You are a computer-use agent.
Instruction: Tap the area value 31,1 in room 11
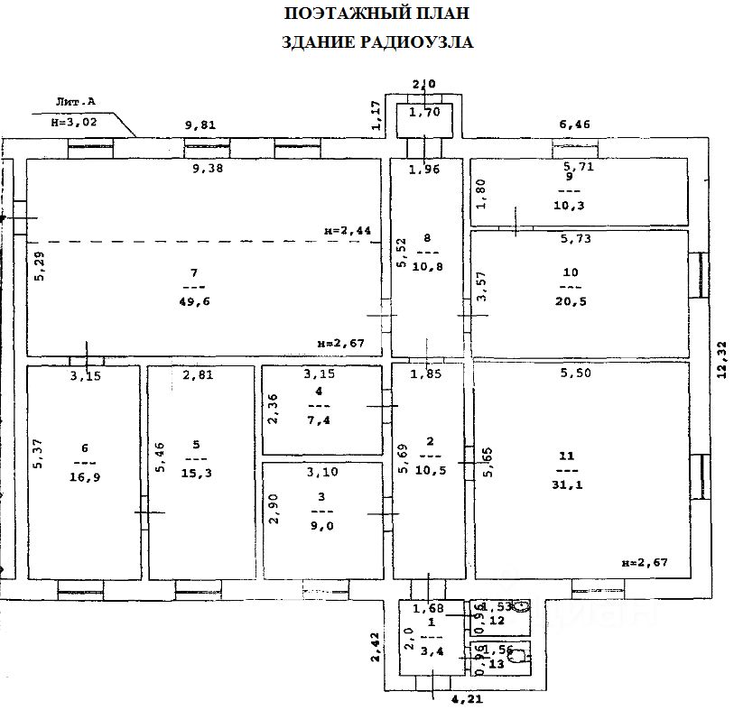(x=567, y=485)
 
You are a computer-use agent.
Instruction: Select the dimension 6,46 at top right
(x=575, y=125)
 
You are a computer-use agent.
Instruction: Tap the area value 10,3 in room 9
(x=570, y=206)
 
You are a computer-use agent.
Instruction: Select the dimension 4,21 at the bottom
(x=461, y=697)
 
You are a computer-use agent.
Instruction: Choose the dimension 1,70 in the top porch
(x=423, y=113)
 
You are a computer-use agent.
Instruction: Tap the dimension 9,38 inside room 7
(x=208, y=168)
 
